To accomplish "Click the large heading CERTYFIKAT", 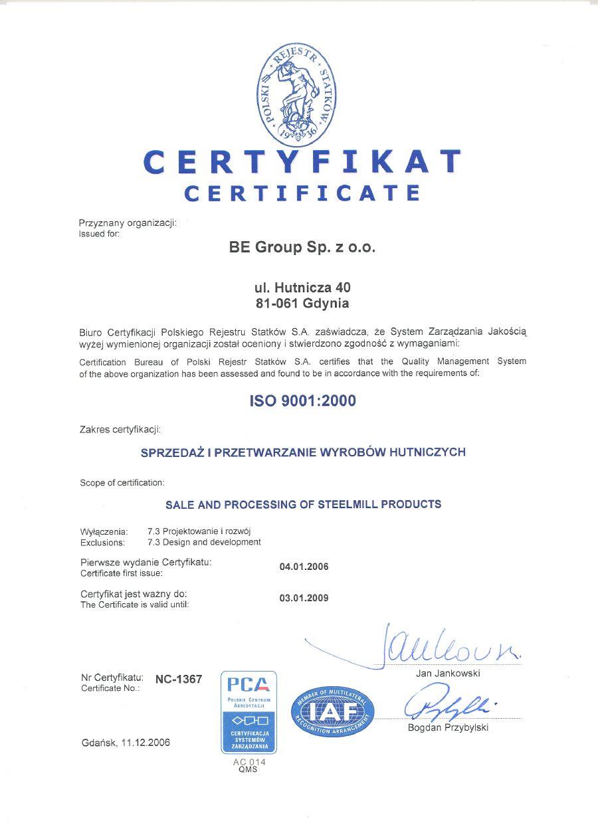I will point(302,162).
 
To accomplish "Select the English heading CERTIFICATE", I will point(302,193).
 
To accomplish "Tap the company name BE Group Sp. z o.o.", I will point(302,248).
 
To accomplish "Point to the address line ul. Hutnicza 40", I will point(302,288).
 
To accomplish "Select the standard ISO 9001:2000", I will point(302,401).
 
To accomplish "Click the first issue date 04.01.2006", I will point(304,567).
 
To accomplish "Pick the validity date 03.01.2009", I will point(304,598).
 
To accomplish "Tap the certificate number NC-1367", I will point(179,679).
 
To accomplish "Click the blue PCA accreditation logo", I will point(248,711).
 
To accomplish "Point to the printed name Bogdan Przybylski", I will point(448,727).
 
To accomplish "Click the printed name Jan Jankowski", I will point(448,673).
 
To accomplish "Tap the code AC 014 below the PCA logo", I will point(249,762).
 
